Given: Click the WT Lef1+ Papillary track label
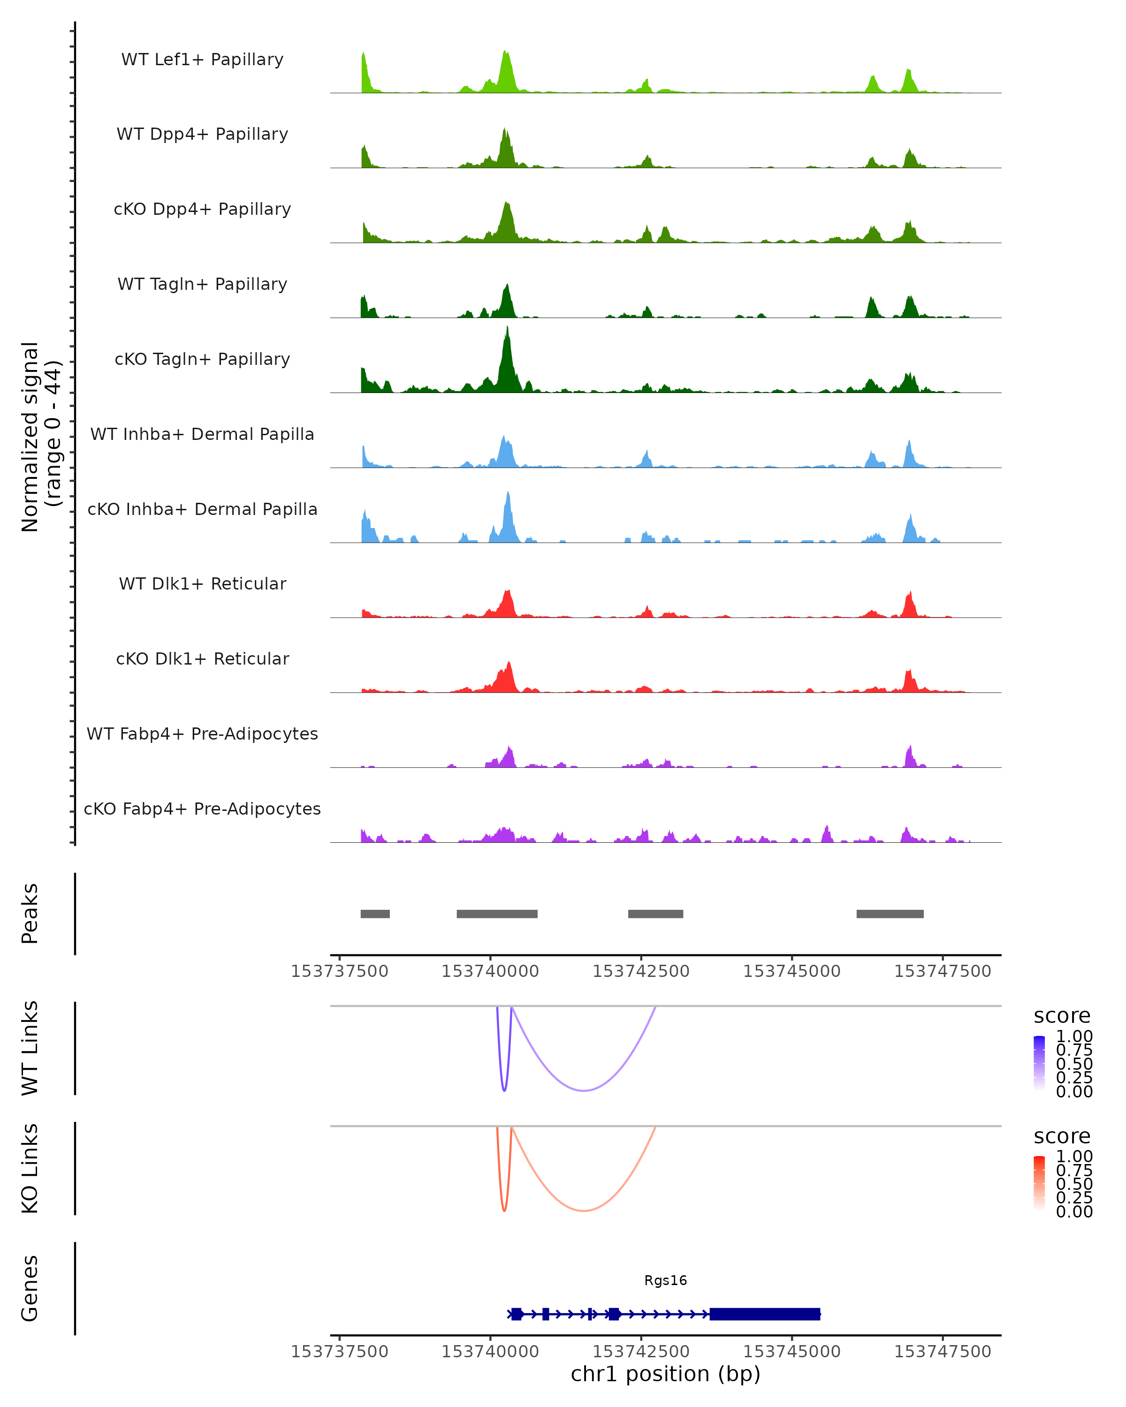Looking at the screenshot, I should (202, 60).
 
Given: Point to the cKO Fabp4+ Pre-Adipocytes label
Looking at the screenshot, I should (202, 809).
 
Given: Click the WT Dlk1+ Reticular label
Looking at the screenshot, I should (202, 583).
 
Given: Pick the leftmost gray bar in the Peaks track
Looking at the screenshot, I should (375, 914).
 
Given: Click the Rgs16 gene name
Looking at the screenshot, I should (665, 1280).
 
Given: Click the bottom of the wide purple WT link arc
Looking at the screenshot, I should (584, 1090).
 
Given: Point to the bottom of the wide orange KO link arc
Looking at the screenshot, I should (584, 1210).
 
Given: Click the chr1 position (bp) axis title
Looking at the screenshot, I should (665, 1374).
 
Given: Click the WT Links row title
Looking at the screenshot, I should (30, 1048).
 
